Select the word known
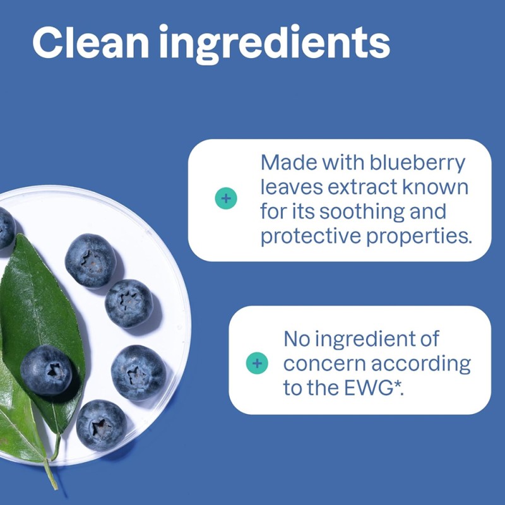click(444, 187)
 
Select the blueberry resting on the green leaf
click(46, 370)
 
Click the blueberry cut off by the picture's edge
click(5, 227)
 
